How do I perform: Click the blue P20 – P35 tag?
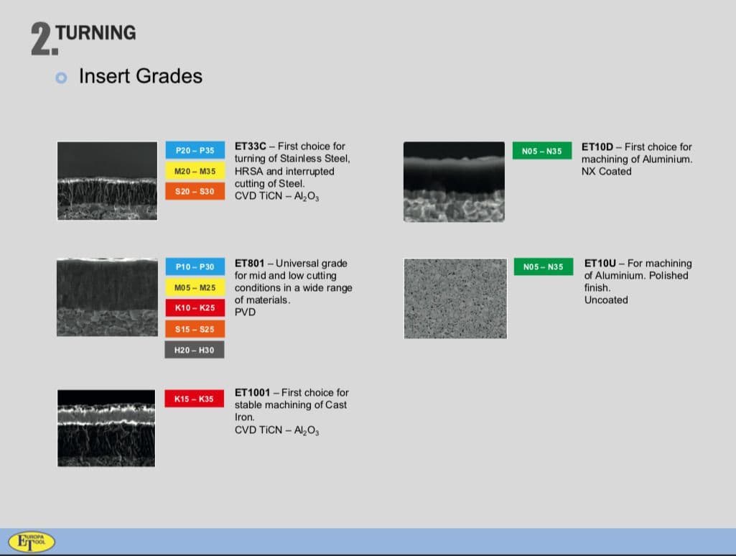coord(195,150)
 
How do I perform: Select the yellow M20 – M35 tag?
coord(195,171)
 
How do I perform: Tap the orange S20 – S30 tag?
coord(195,191)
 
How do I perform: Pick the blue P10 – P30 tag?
coord(195,267)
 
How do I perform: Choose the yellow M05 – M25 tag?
coord(195,287)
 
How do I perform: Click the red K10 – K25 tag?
coord(195,307)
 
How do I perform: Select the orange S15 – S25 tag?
coord(195,329)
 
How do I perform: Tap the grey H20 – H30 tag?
coord(195,349)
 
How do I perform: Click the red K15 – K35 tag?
coord(194,399)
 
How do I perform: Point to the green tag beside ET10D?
coord(542,151)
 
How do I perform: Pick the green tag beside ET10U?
coord(543,267)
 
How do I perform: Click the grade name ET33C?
coord(250,146)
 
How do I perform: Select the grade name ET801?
coord(249,263)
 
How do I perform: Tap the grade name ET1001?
coord(253,392)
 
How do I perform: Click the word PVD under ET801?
coord(245,312)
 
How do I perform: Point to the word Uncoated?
coord(606,300)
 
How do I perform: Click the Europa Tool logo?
coord(32,542)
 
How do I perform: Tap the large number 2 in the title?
coord(42,39)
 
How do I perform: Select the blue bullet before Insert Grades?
coord(61,78)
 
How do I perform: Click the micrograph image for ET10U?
coord(455,298)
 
